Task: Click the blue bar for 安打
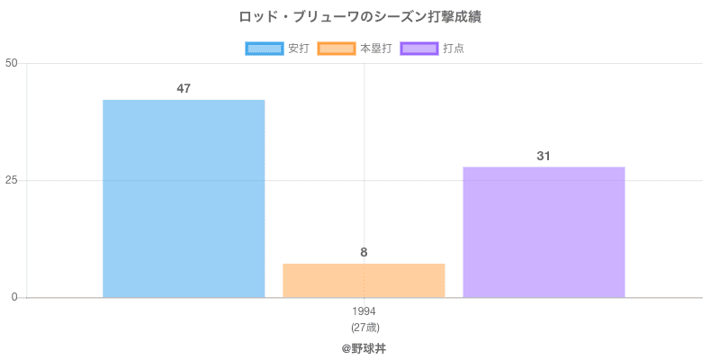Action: point(184,198)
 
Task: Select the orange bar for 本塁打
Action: point(364,280)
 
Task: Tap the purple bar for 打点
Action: point(544,231)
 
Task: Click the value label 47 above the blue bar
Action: point(184,88)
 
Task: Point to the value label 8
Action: point(364,252)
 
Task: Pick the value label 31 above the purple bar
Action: point(544,156)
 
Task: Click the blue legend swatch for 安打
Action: point(265,49)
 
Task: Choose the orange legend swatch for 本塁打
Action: point(337,49)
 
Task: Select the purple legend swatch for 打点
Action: point(419,49)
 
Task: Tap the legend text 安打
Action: point(298,49)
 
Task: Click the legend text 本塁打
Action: point(375,49)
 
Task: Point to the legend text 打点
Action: point(454,49)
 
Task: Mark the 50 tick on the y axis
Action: point(12,63)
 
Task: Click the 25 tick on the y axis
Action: point(12,180)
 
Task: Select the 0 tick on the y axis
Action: point(14,297)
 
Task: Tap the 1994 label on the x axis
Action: point(364,311)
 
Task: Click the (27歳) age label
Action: point(364,327)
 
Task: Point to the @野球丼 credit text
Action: point(364,347)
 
